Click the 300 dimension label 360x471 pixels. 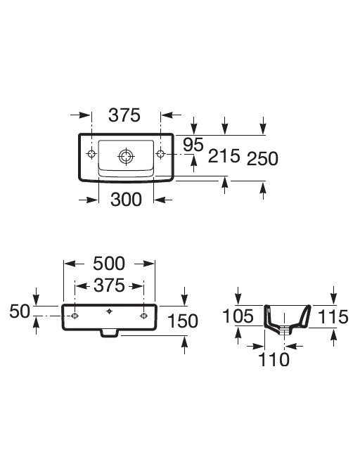pyautogui.click(x=126, y=200)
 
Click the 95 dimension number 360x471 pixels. pyautogui.click(x=193, y=145)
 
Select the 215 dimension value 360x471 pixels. pyautogui.click(x=224, y=156)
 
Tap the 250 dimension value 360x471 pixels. pyautogui.click(x=262, y=159)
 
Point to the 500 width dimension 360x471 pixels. pyautogui.click(x=109, y=264)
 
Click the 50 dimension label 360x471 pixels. pyautogui.click(x=20, y=311)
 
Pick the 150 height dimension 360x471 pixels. pyautogui.click(x=182, y=321)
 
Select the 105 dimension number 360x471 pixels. pyautogui.click(x=238, y=316)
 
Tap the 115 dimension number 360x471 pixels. pyautogui.click(x=333, y=317)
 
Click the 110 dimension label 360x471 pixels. pyautogui.click(x=274, y=359)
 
